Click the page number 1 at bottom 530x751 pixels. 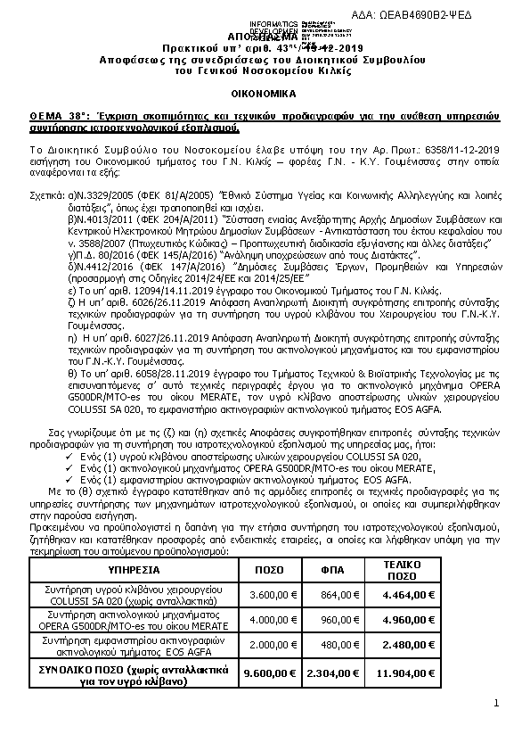click(495, 705)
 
